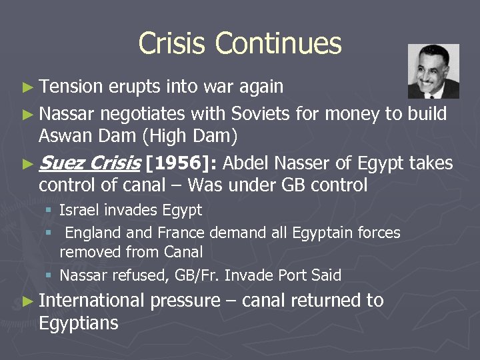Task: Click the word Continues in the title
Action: click(278, 44)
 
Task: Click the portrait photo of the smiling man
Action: click(433, 71)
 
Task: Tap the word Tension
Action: click(71, 87)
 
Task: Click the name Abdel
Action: click(249, 163)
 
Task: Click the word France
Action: click(181, 233)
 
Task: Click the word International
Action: click(91, 301)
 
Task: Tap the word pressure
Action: click(185, 301)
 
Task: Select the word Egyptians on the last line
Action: click(78, 324)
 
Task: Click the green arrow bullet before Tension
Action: click(27, 87)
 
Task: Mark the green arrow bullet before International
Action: click(27, 301)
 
